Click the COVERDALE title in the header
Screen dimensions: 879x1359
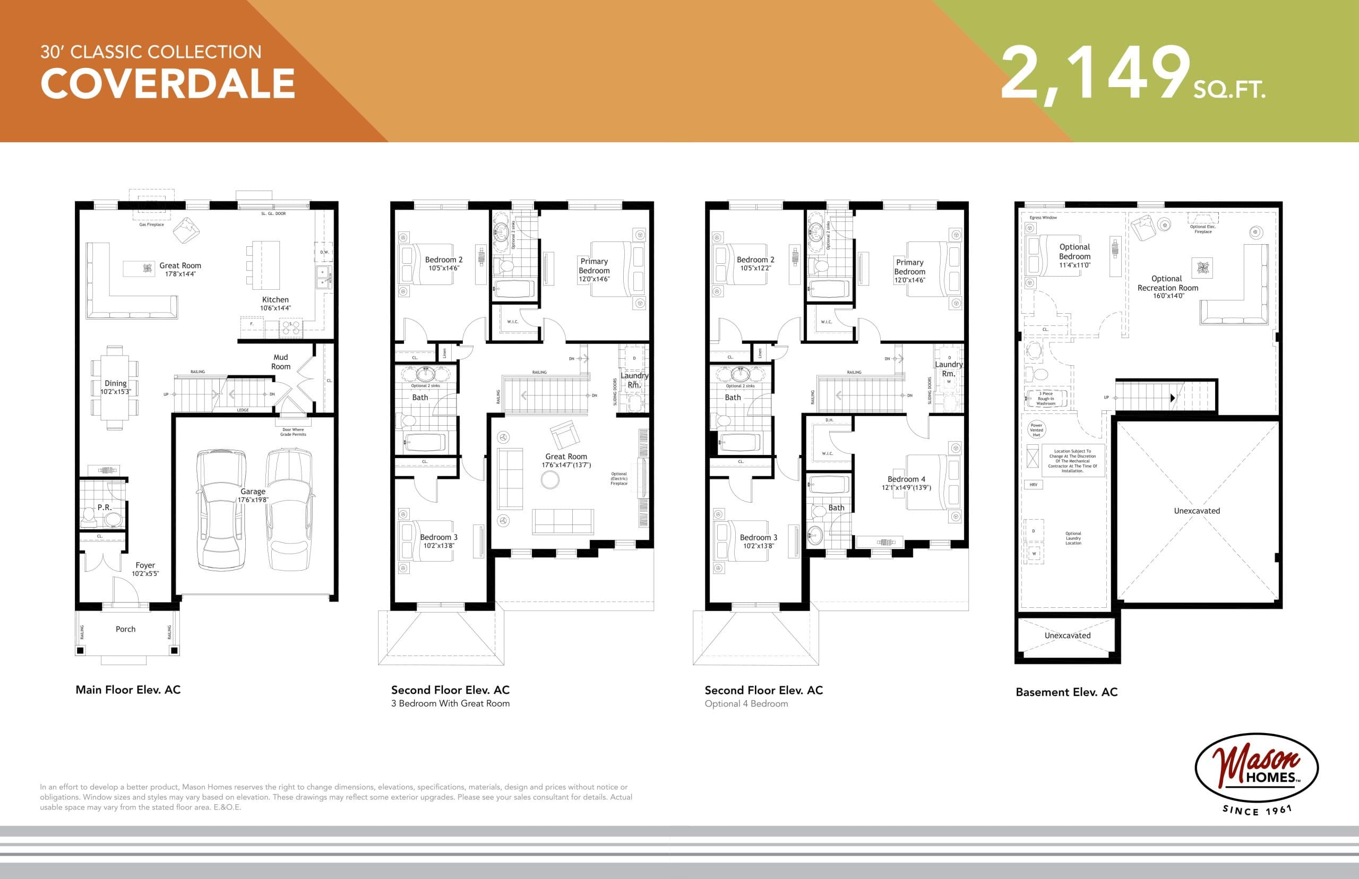coord(167,84)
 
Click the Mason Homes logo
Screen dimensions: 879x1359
coord(1256,768)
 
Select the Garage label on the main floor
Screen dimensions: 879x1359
coord(253,492)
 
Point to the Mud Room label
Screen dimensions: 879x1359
coord(280,362)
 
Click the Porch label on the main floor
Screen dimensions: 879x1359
coord(126,629)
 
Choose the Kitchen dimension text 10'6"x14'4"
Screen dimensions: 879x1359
coord(275,308)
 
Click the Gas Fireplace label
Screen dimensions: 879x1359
coord(151,225)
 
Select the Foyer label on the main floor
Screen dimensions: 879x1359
coord(145,565)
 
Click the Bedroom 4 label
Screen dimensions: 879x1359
coord(906,479)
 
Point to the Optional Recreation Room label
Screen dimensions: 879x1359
coord(1167,283)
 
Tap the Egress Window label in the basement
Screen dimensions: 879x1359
coord(1043,218)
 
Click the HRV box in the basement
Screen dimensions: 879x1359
coord(1034,485)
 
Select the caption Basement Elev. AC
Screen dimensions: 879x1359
coord(1066,692)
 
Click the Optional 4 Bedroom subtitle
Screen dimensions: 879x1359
coord(746,704)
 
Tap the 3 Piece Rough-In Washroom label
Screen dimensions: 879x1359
coord(1046,399)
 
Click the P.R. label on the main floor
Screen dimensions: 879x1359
coord(104,507)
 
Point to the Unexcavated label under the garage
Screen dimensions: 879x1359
coord(1197,511)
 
